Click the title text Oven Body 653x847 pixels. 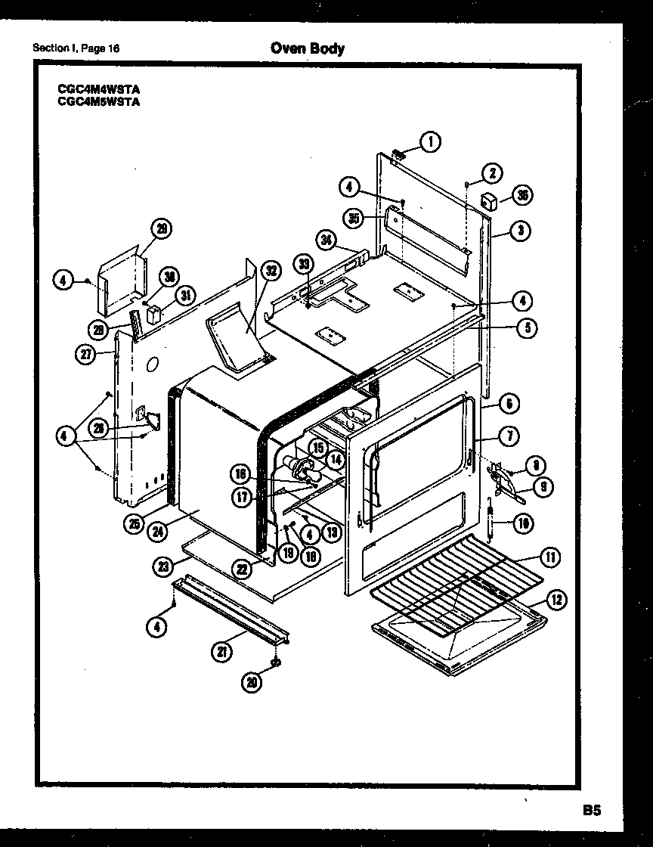point(307,48)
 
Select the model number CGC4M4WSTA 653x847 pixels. point(99,88)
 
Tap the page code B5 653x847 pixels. point(591,810)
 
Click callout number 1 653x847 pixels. point(431,141)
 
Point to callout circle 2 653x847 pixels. point(492,172)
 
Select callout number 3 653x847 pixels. point(520,231)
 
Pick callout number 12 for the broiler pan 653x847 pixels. point(556,601)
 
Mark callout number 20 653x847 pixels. point(252,681)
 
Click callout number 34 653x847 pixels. point(326,241)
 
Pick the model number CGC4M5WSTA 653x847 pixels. point(99,101)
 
